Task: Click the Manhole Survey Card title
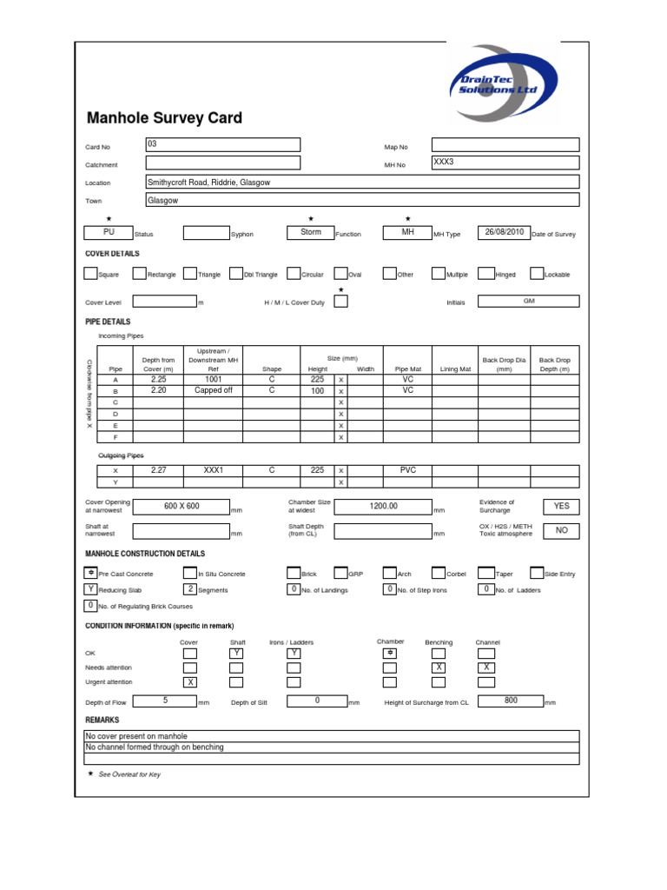(164, 118)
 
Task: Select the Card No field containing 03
(223, 145)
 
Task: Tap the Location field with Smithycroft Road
(362, 182)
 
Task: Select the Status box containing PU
(109, 233)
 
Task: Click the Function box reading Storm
(310, 233)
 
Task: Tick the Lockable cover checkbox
(537, 274)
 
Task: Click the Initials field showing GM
(528, 301)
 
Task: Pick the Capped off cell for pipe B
(213, 391)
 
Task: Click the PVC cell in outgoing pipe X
(407, 470)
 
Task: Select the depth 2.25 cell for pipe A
(158, 380)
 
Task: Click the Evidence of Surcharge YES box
(561, 507)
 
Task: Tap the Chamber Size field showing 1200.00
(382, 507)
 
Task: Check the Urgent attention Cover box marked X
(189, 682)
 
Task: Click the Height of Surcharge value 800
(510, 701)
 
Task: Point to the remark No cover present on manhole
(136, 736)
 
